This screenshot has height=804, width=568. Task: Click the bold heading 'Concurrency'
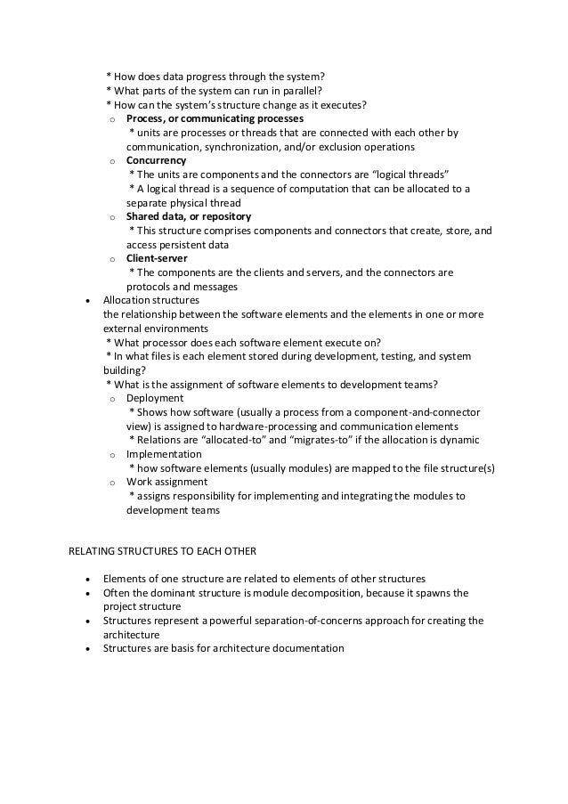coord(156,160)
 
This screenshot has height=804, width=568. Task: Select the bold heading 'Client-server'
coord(157,258)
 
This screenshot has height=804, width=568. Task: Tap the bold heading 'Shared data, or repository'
coord(188,216)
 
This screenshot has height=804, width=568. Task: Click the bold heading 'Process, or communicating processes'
coord(215,118)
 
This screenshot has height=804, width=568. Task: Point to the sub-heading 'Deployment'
coord(155,398)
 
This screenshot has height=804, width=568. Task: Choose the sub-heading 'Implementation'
coord(164,454)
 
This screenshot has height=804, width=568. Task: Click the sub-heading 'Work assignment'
coord(167,482)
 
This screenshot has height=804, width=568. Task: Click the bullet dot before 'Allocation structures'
coord(85,301)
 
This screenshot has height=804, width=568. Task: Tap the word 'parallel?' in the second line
coord(301,90)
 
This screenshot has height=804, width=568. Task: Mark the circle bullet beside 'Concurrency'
coord(111,161)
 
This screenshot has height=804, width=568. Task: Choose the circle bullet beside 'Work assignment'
coord(111,483)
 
